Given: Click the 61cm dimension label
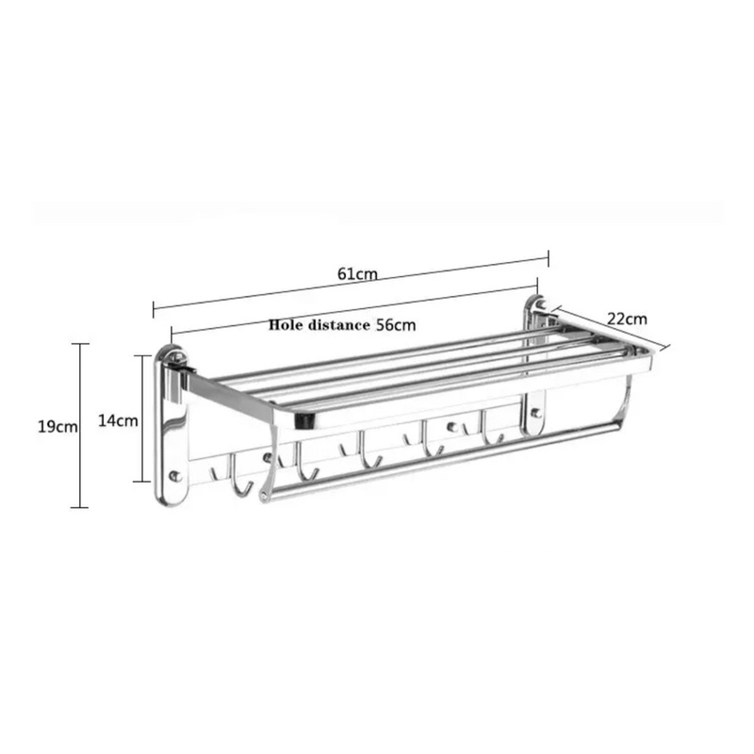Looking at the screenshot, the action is pyautogui.click(x=357, y=273).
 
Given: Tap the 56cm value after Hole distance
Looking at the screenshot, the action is pyautogui.click(x=396, y=325).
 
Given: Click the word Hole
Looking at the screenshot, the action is pyautogui.click(x=287, y=324).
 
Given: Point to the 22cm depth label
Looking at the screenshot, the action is pyautogui.click(x=627, y=319).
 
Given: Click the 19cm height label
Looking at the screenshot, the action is pyautogui.click(x=57, y=426).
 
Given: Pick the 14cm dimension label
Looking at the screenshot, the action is pyautogui.click(x=119, y=420).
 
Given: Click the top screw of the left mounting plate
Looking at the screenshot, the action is pyautogui.click(x=177, y=357).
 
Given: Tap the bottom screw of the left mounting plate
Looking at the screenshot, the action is pyautogui.click(x=175, y=476).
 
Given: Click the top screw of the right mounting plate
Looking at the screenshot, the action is pyautogui.click(x=540, y=304).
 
